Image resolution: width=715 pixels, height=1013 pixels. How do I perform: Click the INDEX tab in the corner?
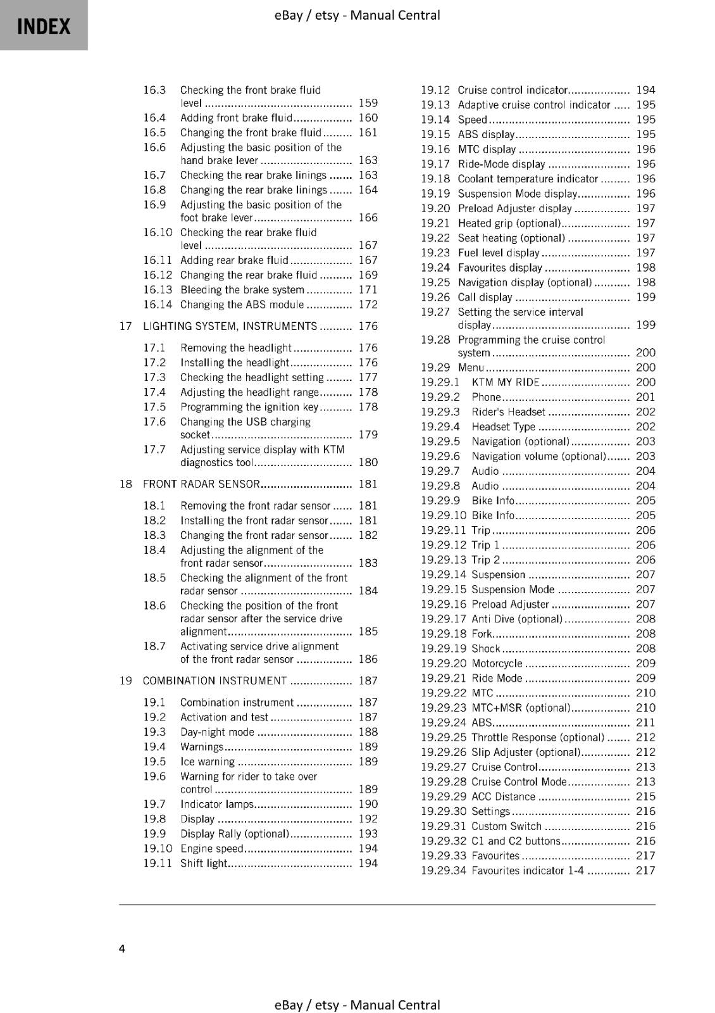point(43,25)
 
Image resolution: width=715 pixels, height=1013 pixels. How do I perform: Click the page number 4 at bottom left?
point(122,948)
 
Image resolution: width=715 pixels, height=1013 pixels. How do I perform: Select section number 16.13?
point(158,290)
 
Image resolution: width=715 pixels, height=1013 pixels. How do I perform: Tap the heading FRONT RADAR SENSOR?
point(201,484)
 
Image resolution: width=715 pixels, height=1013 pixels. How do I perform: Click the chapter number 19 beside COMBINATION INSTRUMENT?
point(125,681)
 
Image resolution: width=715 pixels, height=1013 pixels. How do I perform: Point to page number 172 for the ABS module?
point(368,305)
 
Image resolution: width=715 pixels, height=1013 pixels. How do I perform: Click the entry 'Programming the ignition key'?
point(249,407)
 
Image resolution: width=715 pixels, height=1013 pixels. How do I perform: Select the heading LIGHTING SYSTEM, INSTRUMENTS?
point(230,326)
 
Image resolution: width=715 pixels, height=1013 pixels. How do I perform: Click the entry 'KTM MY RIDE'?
point(506,382)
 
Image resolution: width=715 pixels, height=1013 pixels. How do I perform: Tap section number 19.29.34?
point(443,871)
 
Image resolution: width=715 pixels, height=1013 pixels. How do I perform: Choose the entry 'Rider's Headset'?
point(509,412)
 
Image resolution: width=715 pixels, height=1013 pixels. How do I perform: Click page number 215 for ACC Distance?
point(645,796)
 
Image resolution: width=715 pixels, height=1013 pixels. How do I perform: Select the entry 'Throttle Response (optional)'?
point(538,738)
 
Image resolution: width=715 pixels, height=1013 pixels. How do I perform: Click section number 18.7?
point(154,646)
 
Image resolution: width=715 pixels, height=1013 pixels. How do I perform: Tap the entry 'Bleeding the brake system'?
point(242,290)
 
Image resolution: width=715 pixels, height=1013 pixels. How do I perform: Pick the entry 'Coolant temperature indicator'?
point(528,179)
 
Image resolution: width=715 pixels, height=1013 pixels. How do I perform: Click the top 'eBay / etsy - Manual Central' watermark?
point(357,15)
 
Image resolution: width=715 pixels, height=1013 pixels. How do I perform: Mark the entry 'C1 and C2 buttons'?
point(516,841)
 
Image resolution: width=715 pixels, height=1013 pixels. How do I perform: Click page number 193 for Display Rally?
point(368,834)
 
